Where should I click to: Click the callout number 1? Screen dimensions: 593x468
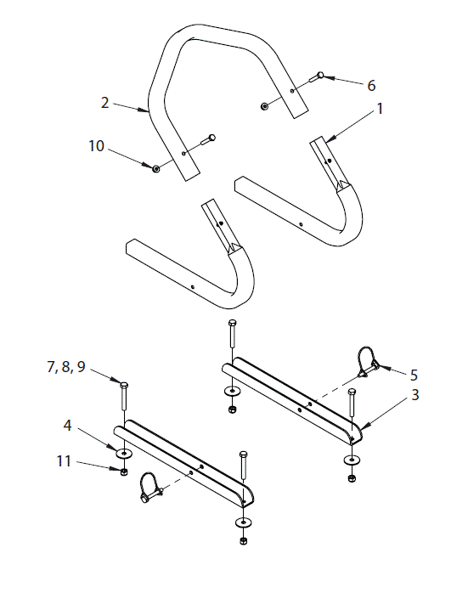(x=381, y=109)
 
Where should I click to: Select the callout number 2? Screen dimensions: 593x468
(x=104, y=102)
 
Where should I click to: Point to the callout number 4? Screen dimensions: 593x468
(x=67, y=423)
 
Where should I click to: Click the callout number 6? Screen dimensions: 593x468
(x=370, y=85)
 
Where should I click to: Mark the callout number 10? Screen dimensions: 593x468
(x=96, y=146)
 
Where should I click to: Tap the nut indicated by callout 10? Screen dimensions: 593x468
(x=156, y=168)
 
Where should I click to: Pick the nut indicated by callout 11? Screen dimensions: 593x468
(x=124, y=472)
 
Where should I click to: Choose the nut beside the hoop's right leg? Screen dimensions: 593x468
(x=265, y=105)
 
